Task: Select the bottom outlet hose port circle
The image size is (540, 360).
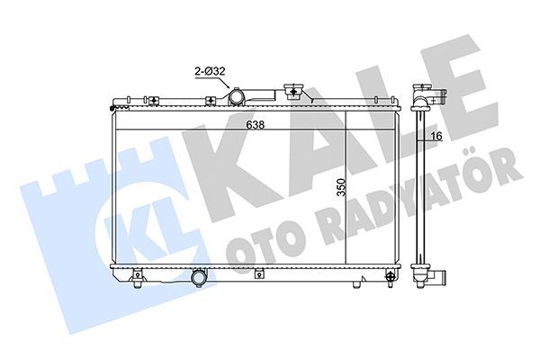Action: [x=198, y=280]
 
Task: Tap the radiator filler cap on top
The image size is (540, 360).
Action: [x=292, y=91]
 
